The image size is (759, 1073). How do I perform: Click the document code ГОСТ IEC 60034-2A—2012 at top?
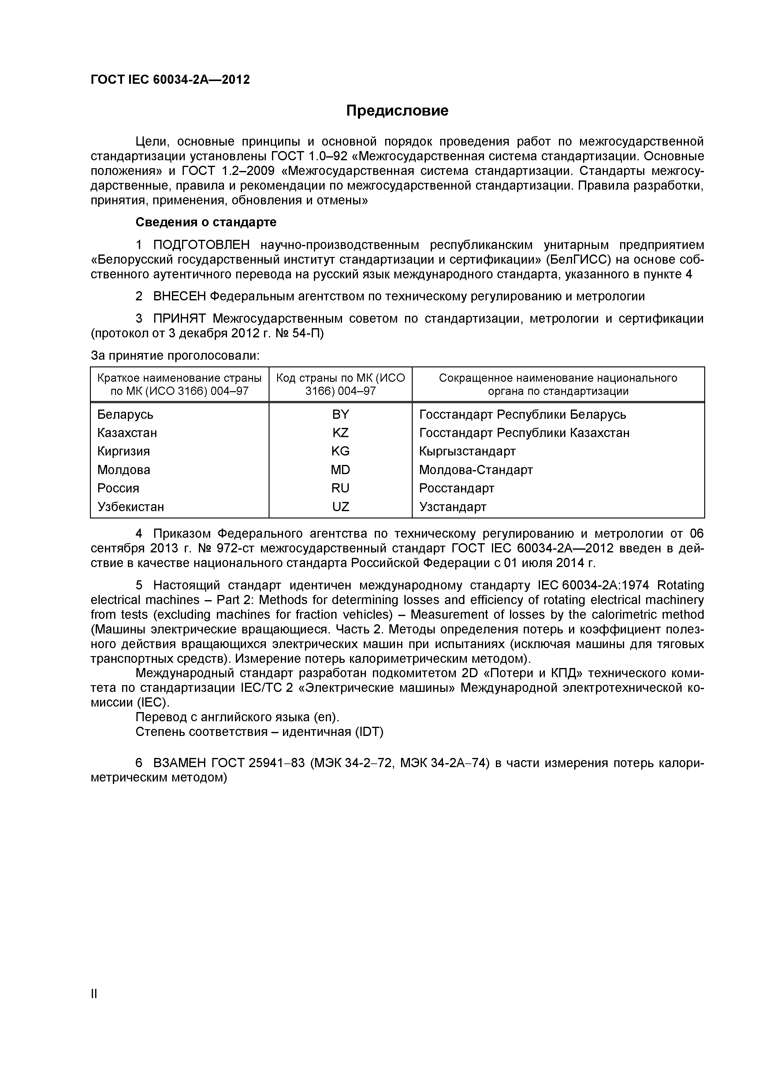tap(170, 80)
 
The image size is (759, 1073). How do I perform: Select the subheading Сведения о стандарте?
tap(206, 222)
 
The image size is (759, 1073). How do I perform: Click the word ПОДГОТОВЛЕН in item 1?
tap(201, 245)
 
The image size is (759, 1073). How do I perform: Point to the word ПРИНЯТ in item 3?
tap(180, 319)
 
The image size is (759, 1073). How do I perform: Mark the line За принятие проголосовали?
tap(175, 356)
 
